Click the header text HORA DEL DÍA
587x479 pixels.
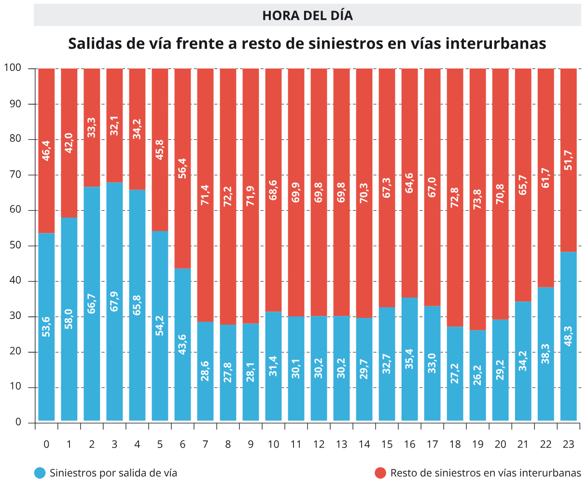pos(307,15)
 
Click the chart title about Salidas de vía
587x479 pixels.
pos(307,43)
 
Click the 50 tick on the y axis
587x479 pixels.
pos(16,246)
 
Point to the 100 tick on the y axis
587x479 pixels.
pos(13,68)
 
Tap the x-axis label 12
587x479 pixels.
pos(319,444)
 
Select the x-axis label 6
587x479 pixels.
pos(182,444)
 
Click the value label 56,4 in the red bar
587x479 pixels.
pos(182,169)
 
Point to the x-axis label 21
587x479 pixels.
pos(523,444)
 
